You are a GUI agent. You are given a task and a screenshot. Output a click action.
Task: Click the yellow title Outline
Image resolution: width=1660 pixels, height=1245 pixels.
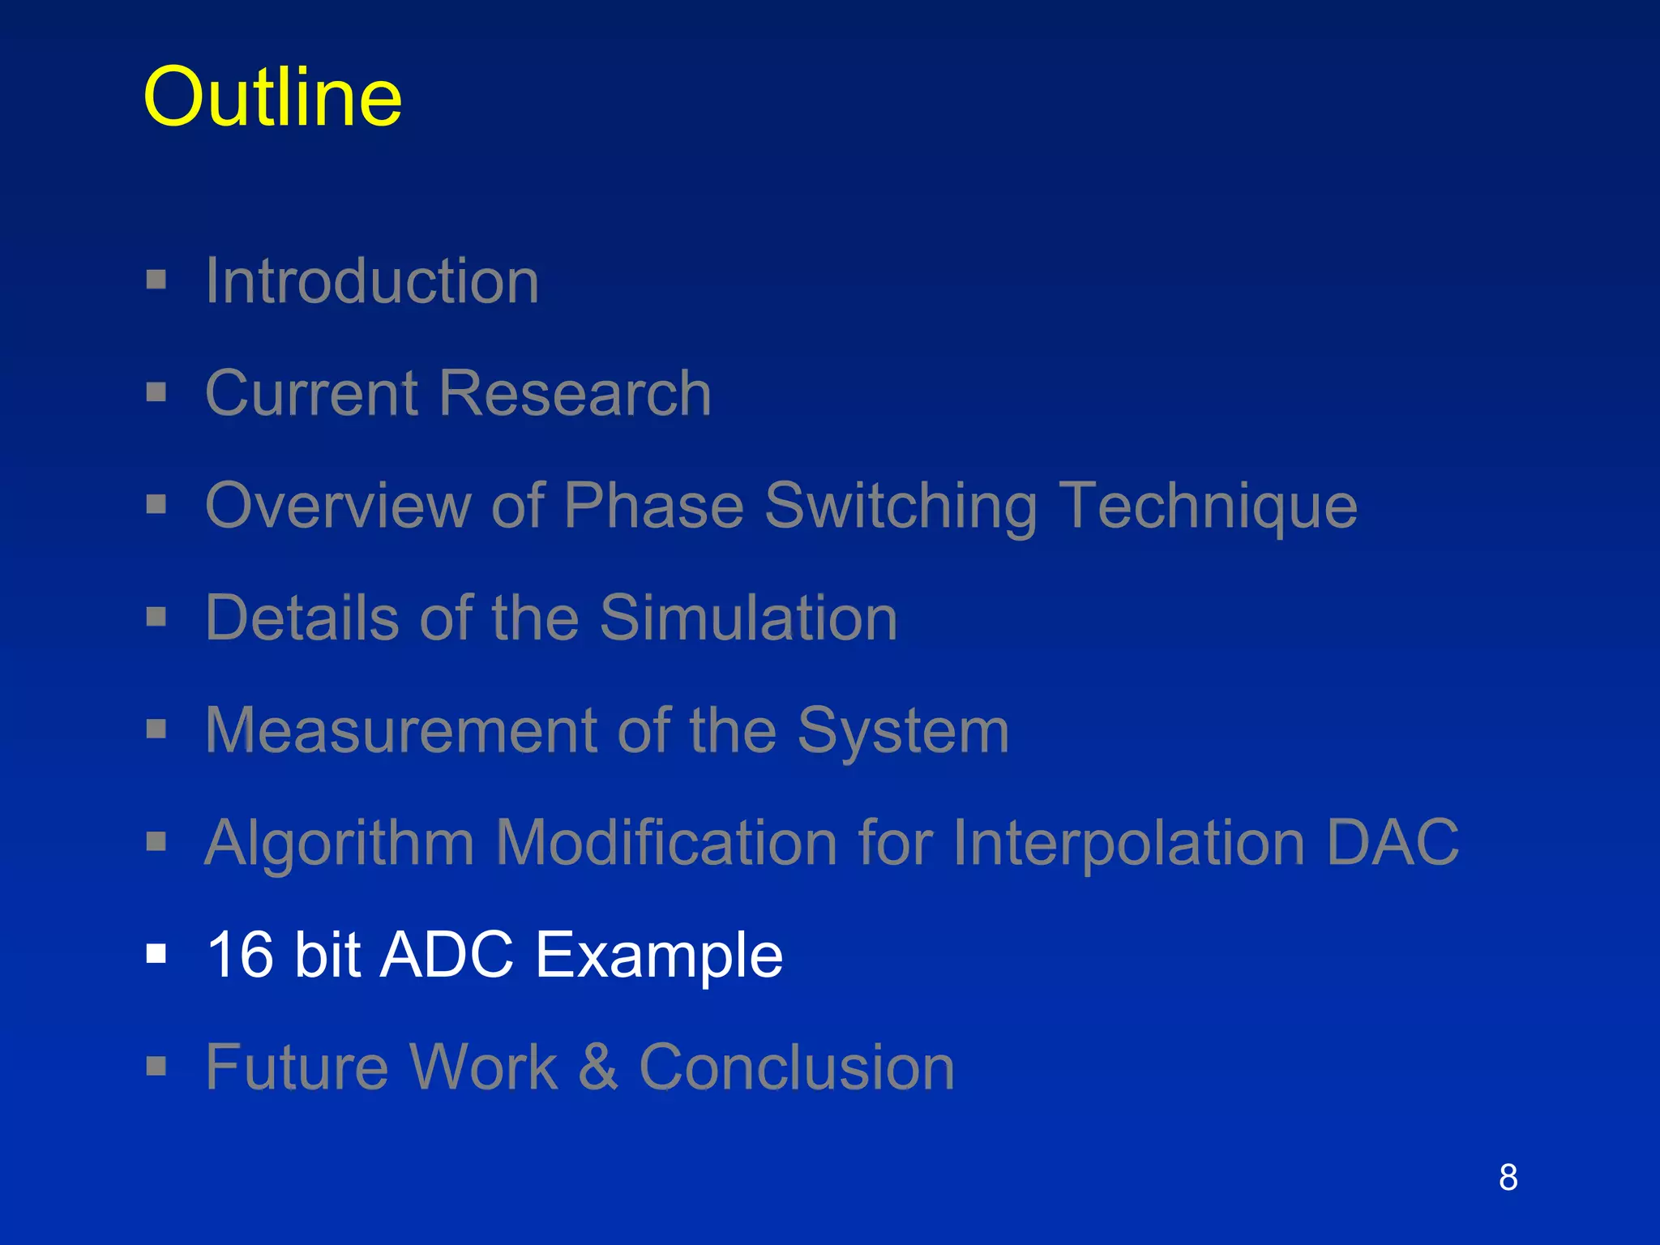(x=272, y=97)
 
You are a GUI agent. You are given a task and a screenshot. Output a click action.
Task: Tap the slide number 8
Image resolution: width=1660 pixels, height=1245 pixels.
(x=1508, y=1177)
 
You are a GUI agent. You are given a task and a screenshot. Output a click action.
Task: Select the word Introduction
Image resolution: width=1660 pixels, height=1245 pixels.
(x=372, y=280)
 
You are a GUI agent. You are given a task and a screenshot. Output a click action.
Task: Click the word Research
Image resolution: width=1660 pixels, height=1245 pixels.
(x=575, y=393)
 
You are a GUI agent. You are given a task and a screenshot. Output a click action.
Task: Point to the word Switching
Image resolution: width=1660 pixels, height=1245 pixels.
(x=901, y=507)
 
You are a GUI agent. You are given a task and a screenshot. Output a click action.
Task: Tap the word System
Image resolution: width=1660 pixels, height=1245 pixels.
(x=903, y=732)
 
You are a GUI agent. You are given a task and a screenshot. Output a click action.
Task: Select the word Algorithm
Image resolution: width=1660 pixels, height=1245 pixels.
(x=339, y=843)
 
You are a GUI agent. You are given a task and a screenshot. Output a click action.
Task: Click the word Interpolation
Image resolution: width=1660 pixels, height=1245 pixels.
(x=1128, y=843)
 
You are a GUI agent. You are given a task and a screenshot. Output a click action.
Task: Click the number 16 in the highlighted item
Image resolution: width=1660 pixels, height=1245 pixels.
(x=241, y=954)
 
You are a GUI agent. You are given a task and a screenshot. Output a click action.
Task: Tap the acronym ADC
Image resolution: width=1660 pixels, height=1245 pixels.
(x=447, y=954)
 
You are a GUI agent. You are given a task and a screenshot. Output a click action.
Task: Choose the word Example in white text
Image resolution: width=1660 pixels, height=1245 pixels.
(x=659, y=956)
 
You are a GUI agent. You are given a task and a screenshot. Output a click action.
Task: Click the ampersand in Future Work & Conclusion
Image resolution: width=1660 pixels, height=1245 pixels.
(x=598, y=1067)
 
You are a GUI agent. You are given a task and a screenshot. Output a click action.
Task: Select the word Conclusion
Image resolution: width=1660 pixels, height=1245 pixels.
(x=797, y=1067)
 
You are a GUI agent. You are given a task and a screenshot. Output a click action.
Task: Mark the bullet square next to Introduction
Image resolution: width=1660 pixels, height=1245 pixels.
(x=156, y=280)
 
